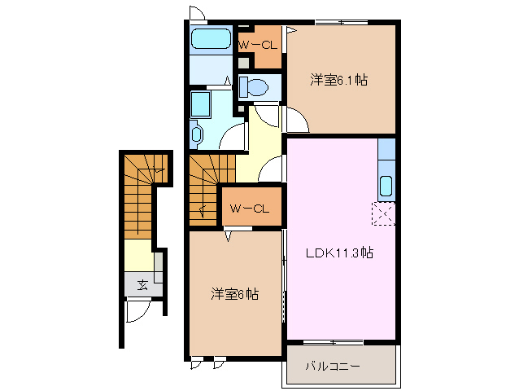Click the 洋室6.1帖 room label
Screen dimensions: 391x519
[338, 80]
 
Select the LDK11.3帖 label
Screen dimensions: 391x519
[339, 253]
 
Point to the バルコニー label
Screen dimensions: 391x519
[333, 365]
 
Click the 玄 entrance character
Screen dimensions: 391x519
[142, 284]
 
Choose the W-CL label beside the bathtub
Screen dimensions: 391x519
[259, 45]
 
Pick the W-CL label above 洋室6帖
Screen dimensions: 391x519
[249, 209]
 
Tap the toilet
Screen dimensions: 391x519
[255, 86]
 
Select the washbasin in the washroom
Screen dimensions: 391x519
[196, 133]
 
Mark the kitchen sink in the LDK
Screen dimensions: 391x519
[386, 186]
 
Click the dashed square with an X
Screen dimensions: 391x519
[384, 213]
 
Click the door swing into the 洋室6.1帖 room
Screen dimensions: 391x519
[296, 122]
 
